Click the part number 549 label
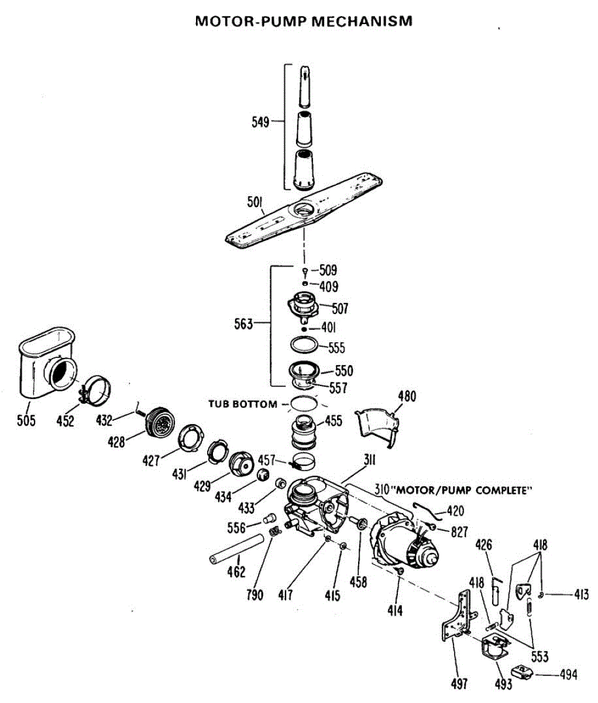tap(260, 122)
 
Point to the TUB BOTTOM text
tap(243, 404)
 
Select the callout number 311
tap(369, 460)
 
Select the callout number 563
tap(243, 324)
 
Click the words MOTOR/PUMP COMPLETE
tap(465, 490)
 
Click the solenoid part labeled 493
tap(495, 647)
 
